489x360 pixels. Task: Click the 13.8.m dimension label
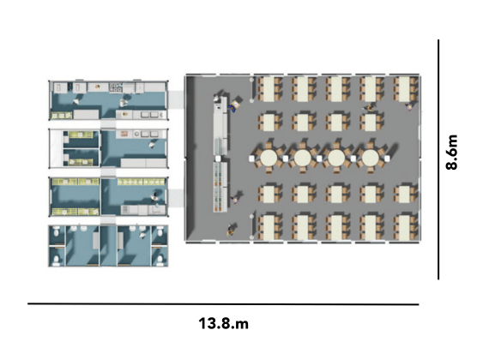coord(224,323)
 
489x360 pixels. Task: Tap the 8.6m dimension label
coord(451,152)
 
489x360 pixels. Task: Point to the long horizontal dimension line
coord(223,303)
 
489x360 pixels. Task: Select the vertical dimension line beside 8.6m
coord(438,159)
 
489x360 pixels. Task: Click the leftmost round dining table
coord(269,158)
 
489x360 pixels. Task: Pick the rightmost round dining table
coord(370,158)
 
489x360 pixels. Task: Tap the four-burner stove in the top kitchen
coord(116,87)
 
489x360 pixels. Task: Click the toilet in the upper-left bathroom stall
coord(57,232)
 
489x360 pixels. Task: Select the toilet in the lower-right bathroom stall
coord(160,260)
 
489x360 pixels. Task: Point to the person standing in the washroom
coord(142,234)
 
